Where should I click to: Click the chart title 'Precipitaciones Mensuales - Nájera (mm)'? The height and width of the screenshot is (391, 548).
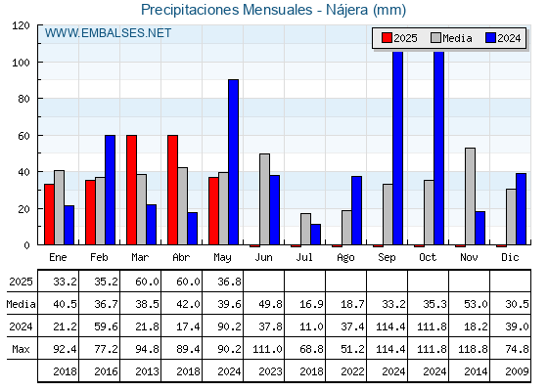tap(273, 10)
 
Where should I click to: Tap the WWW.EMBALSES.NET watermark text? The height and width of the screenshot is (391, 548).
tap(108, 33)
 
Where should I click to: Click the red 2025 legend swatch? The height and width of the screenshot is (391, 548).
tap(387, 38)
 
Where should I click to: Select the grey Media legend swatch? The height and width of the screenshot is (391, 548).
tap(435, 38)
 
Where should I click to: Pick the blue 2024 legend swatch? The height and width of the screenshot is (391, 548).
tap(490, 38)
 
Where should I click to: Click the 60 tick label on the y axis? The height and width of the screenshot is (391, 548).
tap(23, 136)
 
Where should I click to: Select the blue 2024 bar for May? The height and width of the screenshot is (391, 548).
tap(234, 162)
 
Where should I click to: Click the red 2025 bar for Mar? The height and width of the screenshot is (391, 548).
tap(131, 190)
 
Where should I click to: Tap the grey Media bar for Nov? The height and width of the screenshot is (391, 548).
tap(470, 196)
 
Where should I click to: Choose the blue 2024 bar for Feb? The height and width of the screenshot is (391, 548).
tap(110, 190)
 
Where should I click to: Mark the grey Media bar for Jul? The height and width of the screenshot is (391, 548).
tap(305, 229)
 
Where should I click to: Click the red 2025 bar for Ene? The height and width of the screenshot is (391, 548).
tap(49, 214)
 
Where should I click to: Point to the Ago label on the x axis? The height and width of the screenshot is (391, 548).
tap(345, 258)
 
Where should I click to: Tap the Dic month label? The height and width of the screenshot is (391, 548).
tap(510, 257)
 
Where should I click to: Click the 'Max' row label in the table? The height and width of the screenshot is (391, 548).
tap(21, 349)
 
